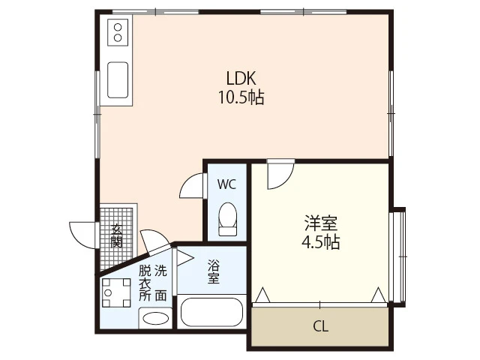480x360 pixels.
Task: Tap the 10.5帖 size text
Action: tap(241, 97)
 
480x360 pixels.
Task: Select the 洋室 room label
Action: tap(320, 223)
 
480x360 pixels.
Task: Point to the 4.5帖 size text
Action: tap(320, 242)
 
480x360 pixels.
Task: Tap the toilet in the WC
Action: tap(226, 217)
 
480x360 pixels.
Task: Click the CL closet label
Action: tap(320, 326)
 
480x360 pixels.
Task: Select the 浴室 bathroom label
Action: tap(213, 271)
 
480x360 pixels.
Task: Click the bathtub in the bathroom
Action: tap(212, 313)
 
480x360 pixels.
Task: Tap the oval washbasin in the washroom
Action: tap(155, 318)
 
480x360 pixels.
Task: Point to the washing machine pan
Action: tap(117, 293)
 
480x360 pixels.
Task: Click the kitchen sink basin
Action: tap(118, 79)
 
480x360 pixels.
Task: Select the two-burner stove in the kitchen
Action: tap(118, 32)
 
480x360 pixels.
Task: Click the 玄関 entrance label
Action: tap(118, 235)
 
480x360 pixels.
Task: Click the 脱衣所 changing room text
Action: tap(143, 283)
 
